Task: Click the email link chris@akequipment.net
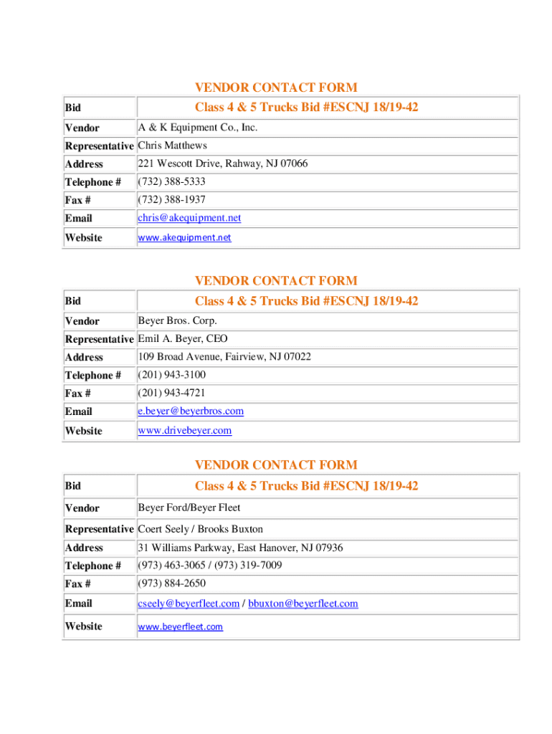189,218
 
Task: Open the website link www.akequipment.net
184,237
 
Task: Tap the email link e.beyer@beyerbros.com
191,411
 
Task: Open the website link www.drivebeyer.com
184,431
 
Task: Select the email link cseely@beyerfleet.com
189,604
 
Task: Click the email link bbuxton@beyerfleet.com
303,604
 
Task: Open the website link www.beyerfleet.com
180,626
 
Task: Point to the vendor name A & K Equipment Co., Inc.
197,128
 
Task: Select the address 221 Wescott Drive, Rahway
222,163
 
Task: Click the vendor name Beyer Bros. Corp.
177,320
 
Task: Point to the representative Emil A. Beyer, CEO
183,338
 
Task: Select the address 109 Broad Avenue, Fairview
224,356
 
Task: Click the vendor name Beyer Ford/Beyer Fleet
189,508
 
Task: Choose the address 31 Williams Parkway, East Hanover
240,548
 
